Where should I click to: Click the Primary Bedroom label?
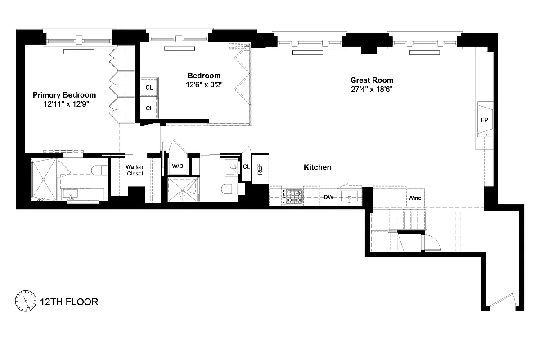click(64, 95)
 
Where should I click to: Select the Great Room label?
click(372, 80)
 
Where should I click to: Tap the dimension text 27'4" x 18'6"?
click(372, 89)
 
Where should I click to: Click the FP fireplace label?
click(484, 120)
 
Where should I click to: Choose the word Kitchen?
click(317, 167)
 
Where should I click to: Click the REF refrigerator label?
click(260, 169)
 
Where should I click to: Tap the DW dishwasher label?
click(328, 197)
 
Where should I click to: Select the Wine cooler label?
click(414, 198)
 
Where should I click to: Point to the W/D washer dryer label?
click(178, 166)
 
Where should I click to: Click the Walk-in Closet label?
click(135, 170)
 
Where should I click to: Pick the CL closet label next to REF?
click(246, 167)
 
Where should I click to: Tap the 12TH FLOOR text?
click(69, 301)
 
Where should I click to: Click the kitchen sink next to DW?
click(349, 197)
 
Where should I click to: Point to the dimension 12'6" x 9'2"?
click(204, 84)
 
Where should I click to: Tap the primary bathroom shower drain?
click(43, 180)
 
